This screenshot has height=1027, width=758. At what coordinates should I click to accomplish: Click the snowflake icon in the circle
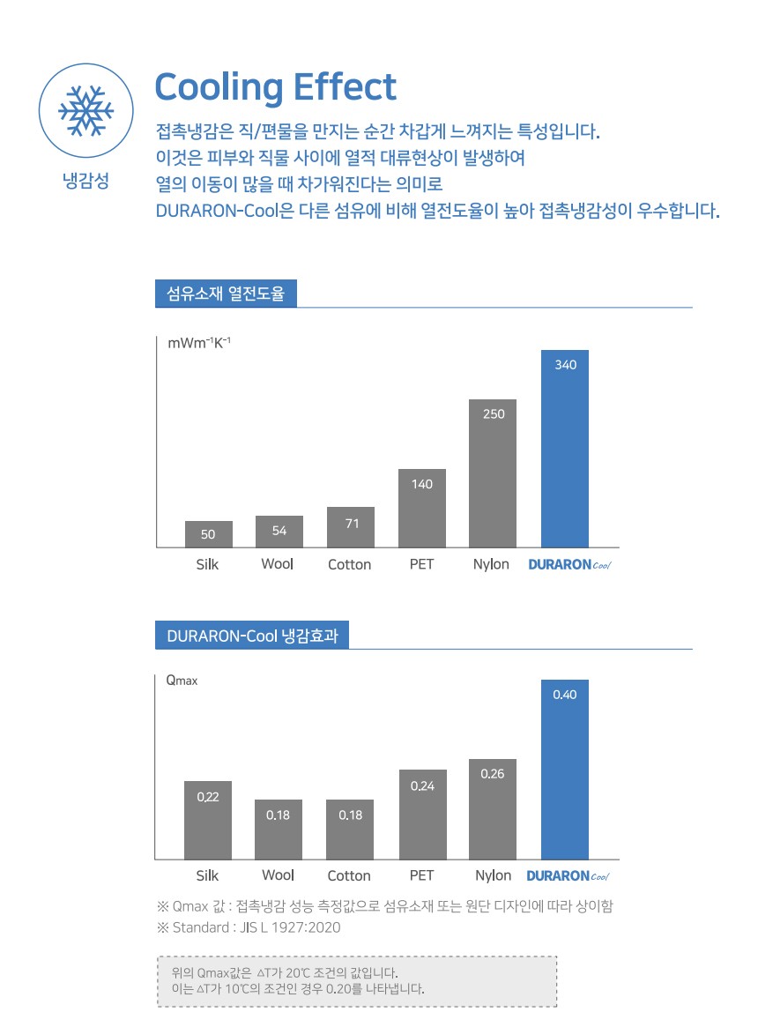pyautogui.click(x=85, y=111)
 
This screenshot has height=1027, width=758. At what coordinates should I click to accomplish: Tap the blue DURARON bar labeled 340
pyautogui.click(x=565, y=449)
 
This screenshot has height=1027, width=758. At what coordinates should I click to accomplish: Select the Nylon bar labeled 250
pyautogui.click(x=493, y=473)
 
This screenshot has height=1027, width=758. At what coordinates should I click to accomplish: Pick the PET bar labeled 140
pyautogui.click(x=422, y=509)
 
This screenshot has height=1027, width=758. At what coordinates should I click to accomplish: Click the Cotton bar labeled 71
pyautogui.click(x=351, y=527)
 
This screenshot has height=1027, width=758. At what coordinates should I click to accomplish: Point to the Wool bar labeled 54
pyautogui.click(x=279, y=532)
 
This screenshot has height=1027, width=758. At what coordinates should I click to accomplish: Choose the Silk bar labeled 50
pyautogui.click(x=208, y=534)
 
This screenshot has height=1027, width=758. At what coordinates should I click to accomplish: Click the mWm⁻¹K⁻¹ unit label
pyautogui.click(x=199, y=343)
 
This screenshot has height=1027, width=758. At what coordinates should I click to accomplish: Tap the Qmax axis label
pyautogui.click(x=182, y=681)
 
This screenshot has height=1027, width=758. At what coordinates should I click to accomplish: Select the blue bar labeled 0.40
pyautogui.click(x=565, y=770)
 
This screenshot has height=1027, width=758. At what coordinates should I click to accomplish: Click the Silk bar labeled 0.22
pyautogui.click(x=208, y=820)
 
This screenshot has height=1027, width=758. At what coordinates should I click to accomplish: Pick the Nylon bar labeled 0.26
pyautogui.click(x=493, y=809)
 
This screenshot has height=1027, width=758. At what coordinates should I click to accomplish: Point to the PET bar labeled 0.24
pyautogui.click(x=422, y=815)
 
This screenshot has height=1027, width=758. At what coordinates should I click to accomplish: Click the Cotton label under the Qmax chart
pyautogui.click(x=349, y=875)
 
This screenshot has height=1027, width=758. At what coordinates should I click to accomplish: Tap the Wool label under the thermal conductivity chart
pyautogui.click(x=277, y=564)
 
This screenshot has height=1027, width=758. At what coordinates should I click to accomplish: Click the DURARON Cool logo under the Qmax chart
pyautogui.click(x=568, y=875)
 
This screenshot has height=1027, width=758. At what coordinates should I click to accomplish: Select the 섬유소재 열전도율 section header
pyautogui.click(x=226, y=294)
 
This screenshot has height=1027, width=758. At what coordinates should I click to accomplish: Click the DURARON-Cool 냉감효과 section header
pyautogui.click(x=252, y=636)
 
